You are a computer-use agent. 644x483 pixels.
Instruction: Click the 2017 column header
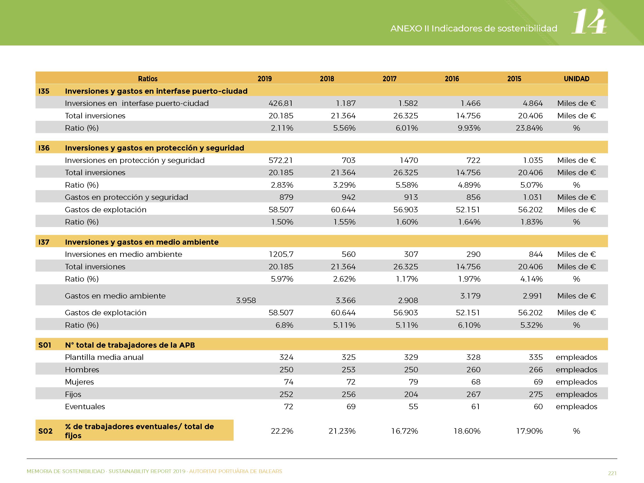click(389, 79)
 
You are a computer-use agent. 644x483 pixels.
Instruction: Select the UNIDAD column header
click(577, 79)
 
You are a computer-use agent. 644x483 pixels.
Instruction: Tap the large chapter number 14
click(589, 21)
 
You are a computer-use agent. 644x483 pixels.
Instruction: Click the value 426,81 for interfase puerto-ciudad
click(281, 103)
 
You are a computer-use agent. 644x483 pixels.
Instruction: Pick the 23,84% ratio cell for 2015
click(529, 128)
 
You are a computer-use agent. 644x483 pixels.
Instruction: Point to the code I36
click(44, 148)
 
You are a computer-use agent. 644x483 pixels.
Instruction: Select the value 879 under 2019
click(286, 197)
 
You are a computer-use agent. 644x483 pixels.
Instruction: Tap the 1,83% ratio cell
click(532, 222)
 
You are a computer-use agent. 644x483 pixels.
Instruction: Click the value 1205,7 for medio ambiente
click(281, 254)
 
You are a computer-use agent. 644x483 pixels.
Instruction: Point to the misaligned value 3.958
click(246, 300)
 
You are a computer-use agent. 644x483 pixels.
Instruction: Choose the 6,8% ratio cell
click(285, 325)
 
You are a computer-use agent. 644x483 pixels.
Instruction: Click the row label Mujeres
click(79, 382)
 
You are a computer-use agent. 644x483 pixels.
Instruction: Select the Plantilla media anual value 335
click(536, 357)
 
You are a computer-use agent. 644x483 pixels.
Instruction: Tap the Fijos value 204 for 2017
click(411, 395)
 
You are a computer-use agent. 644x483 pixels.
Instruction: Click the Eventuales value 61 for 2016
click(476, 407)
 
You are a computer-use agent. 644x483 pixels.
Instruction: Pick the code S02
click(45, 431)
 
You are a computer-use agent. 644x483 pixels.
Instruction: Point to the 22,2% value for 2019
click(282, 431)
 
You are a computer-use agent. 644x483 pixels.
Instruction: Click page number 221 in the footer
click(612, 473)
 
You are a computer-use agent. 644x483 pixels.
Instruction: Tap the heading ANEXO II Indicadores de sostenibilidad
click(474, 29)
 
